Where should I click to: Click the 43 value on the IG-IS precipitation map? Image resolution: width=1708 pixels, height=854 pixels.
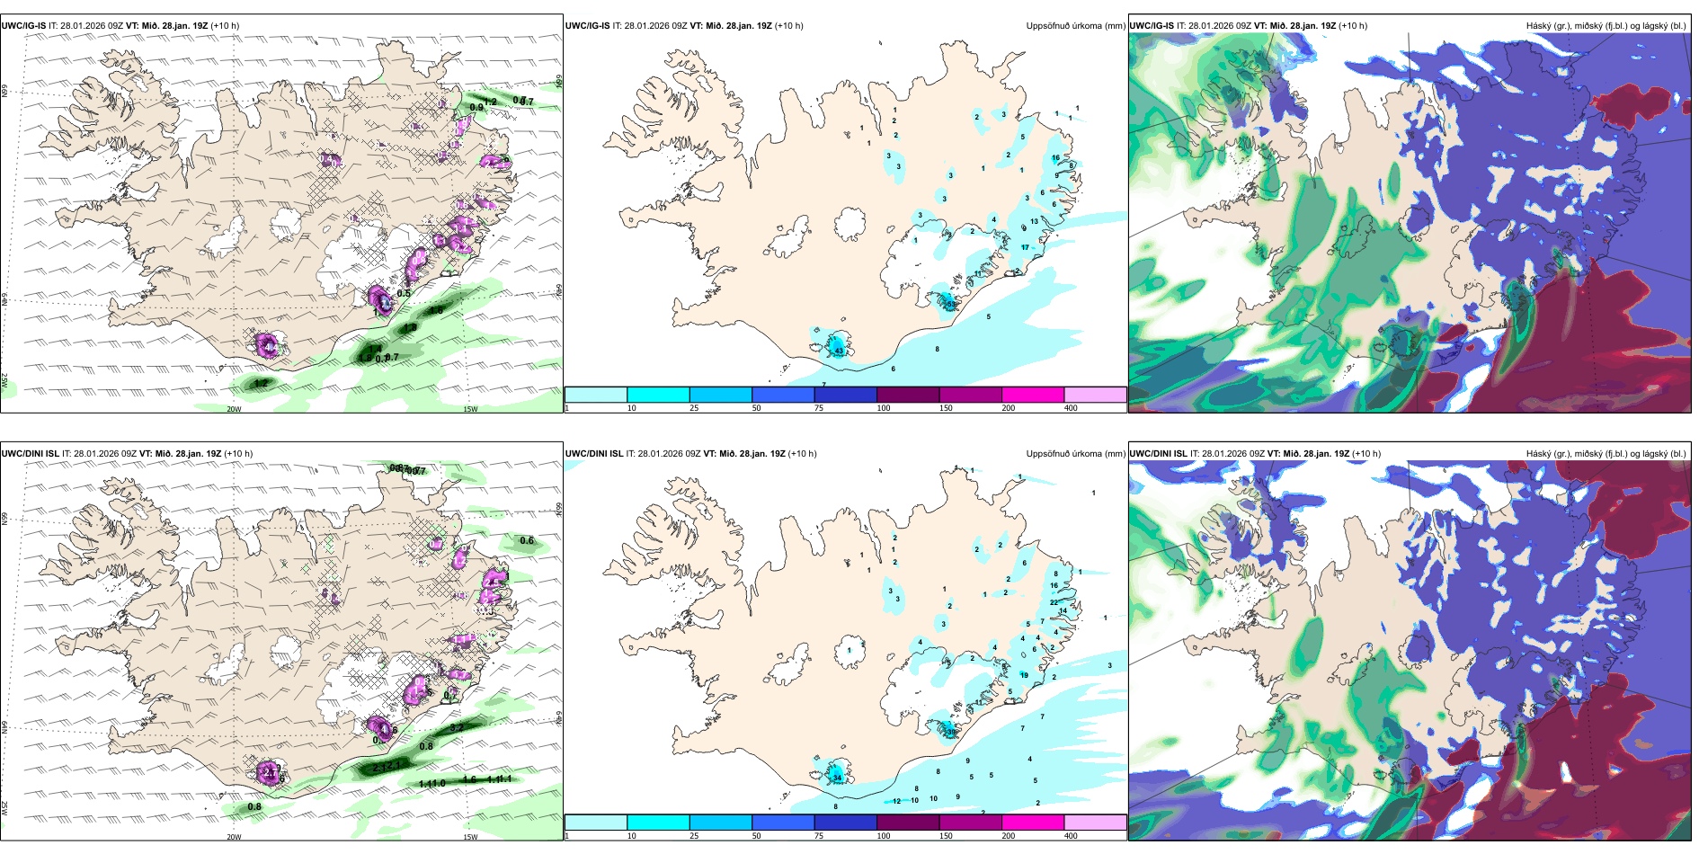pos(839,351)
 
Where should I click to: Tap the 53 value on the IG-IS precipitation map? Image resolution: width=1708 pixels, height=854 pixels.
pos(950,304)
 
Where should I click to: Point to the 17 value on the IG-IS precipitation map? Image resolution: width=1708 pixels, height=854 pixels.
pos(1025,247)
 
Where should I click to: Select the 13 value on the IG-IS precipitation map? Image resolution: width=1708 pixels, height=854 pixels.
pos(1034,221)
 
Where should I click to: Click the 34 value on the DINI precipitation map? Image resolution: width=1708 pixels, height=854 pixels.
pos(837,778)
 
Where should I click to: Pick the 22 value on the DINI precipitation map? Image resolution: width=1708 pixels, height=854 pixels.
pos(1054,602)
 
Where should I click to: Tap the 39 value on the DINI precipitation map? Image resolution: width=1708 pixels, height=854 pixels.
pos(951,732)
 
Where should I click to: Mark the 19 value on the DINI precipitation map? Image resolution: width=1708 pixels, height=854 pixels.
pos(1024,675)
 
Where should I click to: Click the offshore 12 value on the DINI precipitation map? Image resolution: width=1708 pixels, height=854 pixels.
pos(896,801)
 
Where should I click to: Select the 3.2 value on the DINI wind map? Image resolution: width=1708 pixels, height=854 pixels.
pos(456,728)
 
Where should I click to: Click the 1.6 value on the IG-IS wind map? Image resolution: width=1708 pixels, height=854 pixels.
pos(364,358)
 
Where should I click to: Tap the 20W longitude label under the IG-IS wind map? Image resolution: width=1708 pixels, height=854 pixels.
pos(234,409)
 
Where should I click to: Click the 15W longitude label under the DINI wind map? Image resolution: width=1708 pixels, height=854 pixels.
pos(470,837)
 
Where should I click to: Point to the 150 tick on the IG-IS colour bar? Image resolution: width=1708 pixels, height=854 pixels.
pos(946,408)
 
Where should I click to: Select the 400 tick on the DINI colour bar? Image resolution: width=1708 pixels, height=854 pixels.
pos(1071,836)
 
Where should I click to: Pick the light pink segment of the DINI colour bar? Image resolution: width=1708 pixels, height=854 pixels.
pos(1095,823)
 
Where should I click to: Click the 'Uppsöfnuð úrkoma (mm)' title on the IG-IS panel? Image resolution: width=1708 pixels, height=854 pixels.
pos(1075,26)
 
